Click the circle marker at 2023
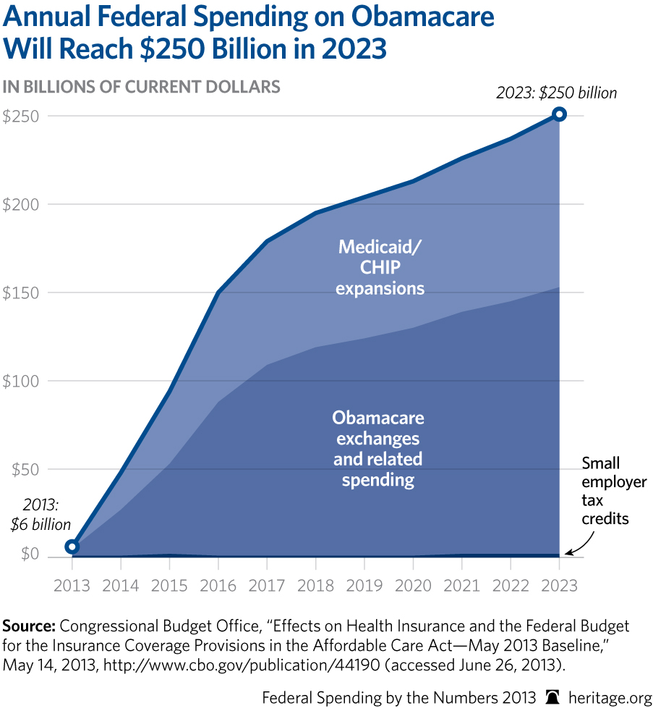(559, 114)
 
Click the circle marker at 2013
(72, 547)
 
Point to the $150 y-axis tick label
(21, 292)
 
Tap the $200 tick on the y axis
(21, 204)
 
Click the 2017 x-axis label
(266, 584)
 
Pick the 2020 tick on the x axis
(412, 584)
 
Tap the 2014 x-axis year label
(120, 584)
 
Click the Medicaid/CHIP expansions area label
(381, 268)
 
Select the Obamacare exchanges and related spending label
(377, 449)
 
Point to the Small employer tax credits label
(614, 491)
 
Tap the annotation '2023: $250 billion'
(557, 93)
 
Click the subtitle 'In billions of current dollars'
(141, 87)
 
